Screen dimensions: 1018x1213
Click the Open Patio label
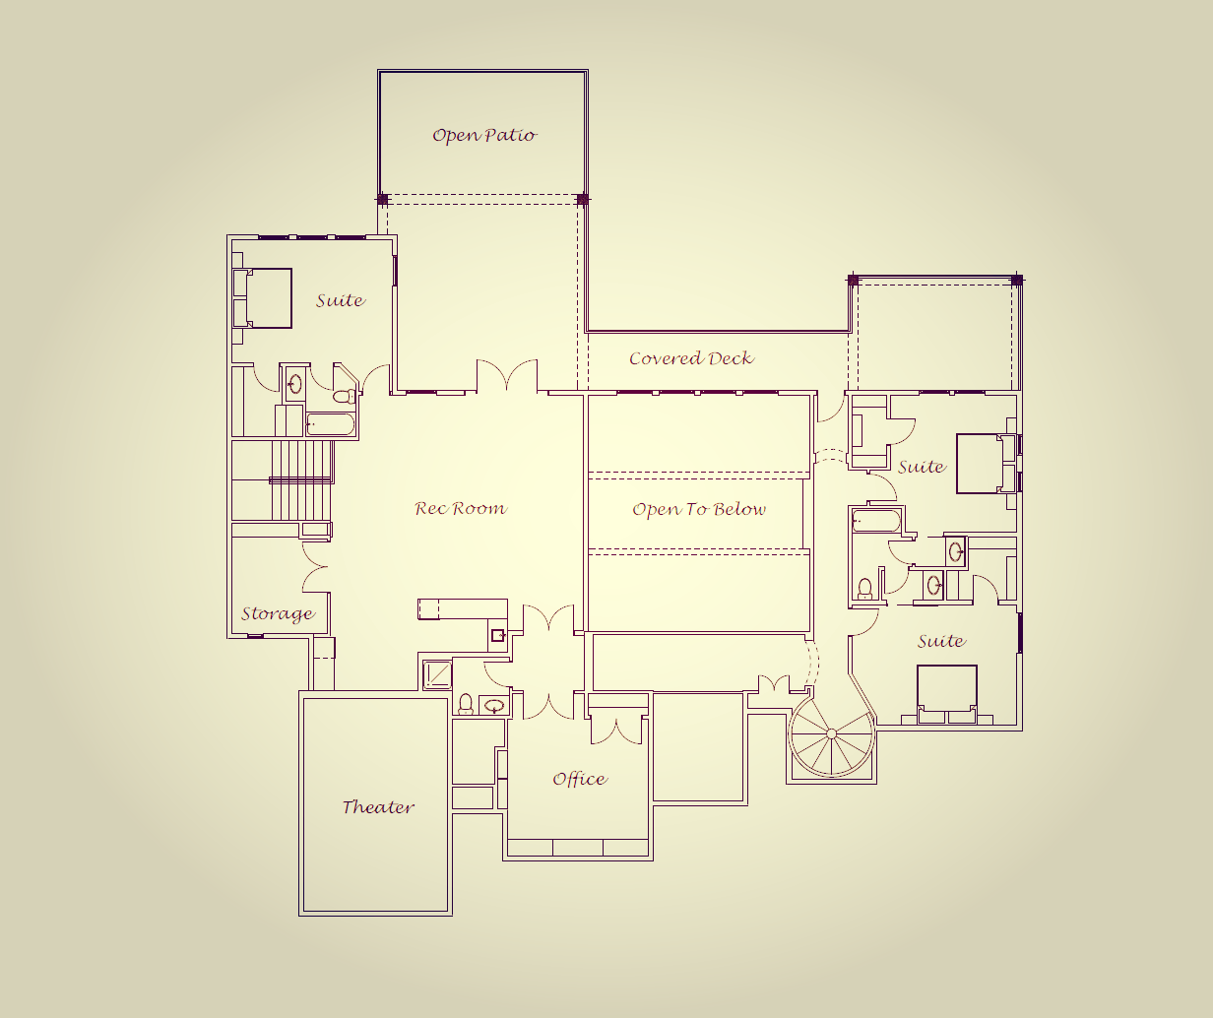484,135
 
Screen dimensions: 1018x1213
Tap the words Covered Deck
691,358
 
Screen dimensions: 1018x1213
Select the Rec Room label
460,509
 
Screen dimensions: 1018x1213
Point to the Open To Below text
698,509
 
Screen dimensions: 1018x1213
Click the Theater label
378,807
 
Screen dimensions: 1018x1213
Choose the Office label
579,779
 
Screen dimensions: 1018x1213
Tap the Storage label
278,614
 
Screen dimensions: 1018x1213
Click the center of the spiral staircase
831,733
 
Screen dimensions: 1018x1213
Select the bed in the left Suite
264,297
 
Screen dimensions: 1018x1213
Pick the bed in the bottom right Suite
946,689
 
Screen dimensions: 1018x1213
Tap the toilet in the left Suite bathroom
344,397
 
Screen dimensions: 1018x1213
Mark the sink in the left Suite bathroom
294,384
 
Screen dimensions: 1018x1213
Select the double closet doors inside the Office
617,730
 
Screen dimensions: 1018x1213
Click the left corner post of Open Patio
383,199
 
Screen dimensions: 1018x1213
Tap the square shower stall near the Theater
436,674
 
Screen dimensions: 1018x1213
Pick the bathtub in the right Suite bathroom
875,520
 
